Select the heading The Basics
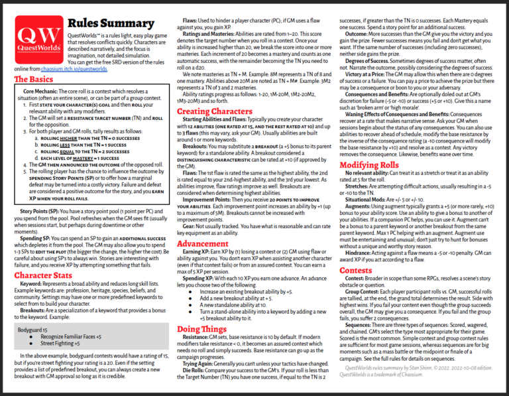(x=33, y=80)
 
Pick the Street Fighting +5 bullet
(x=60, y=344)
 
